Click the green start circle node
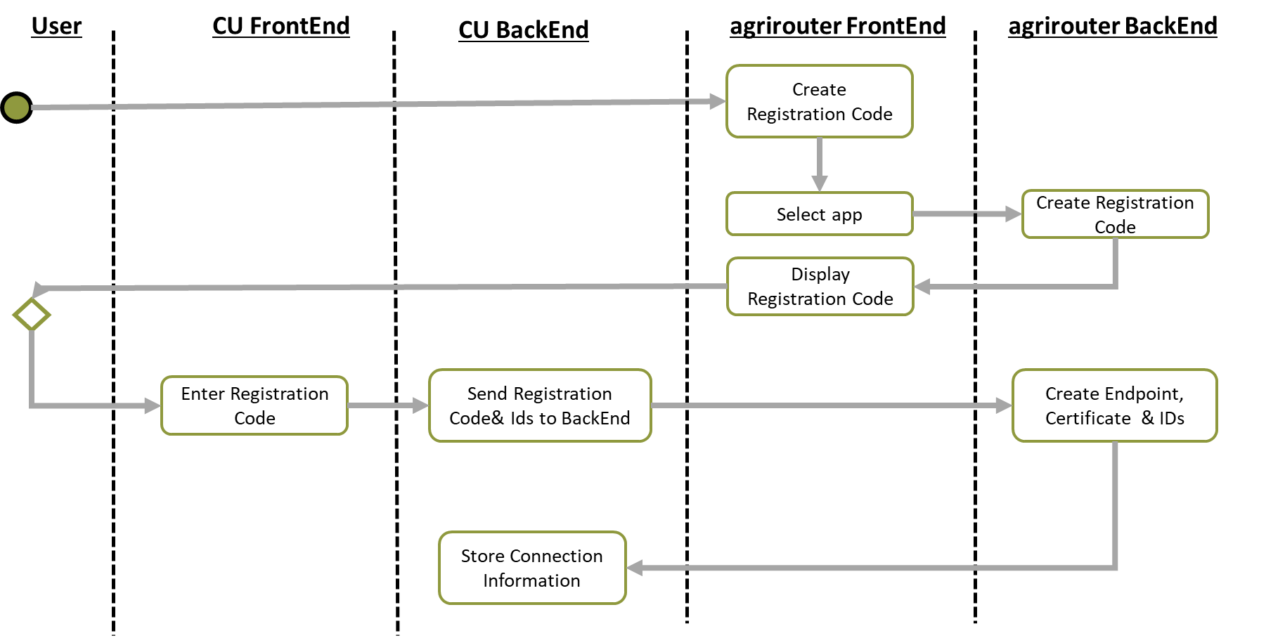coord(16,108)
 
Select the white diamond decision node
coord(32,314)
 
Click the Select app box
coord(819,214)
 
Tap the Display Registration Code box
coord(820,286)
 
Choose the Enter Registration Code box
coord(254,405)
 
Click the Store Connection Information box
coord(532,568)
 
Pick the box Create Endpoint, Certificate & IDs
coord(1114,405)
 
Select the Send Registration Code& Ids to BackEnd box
coord(540,405)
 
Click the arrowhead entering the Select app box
coord(819,183)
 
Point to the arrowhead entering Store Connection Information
coord(635,568)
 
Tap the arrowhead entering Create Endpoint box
coord(1004,405)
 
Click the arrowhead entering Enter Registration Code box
coord(153,405)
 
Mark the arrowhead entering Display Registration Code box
coord(922,286)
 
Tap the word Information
coord(531,580)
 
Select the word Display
coord(820,274)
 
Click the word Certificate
coord(1087,418)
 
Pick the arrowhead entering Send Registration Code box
coord(420,405)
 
